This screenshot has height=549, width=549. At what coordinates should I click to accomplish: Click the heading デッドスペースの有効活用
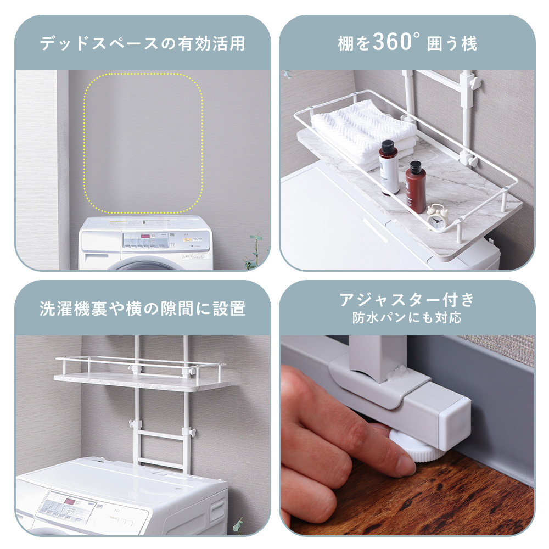tap(142, 43)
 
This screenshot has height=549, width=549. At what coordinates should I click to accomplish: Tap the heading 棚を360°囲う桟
tap(407, 43)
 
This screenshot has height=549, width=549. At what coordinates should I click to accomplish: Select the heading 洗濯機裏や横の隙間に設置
tap(142, 309)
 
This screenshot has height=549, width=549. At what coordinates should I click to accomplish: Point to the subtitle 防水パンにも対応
tap(407, 317)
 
